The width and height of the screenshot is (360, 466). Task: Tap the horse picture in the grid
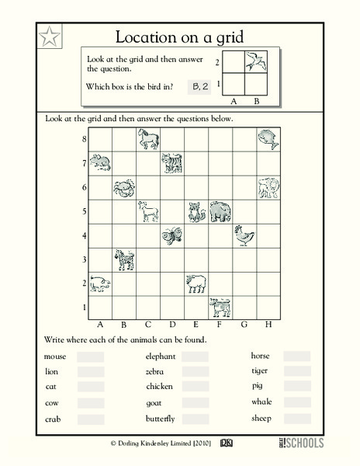148,140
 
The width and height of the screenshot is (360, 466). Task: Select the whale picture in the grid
268,139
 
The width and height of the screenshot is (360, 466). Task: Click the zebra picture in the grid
124,260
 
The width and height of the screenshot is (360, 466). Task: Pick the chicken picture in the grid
244,235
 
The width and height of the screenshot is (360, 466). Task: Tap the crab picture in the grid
124,188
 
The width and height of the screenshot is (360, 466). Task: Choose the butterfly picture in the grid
171,236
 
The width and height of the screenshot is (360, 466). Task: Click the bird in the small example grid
251,61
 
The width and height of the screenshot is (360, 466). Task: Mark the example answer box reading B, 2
201,88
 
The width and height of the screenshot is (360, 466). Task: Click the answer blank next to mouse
90,356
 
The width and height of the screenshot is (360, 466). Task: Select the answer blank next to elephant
196,356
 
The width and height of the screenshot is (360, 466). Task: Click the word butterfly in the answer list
161,419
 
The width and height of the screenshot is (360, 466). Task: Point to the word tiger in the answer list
260,371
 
